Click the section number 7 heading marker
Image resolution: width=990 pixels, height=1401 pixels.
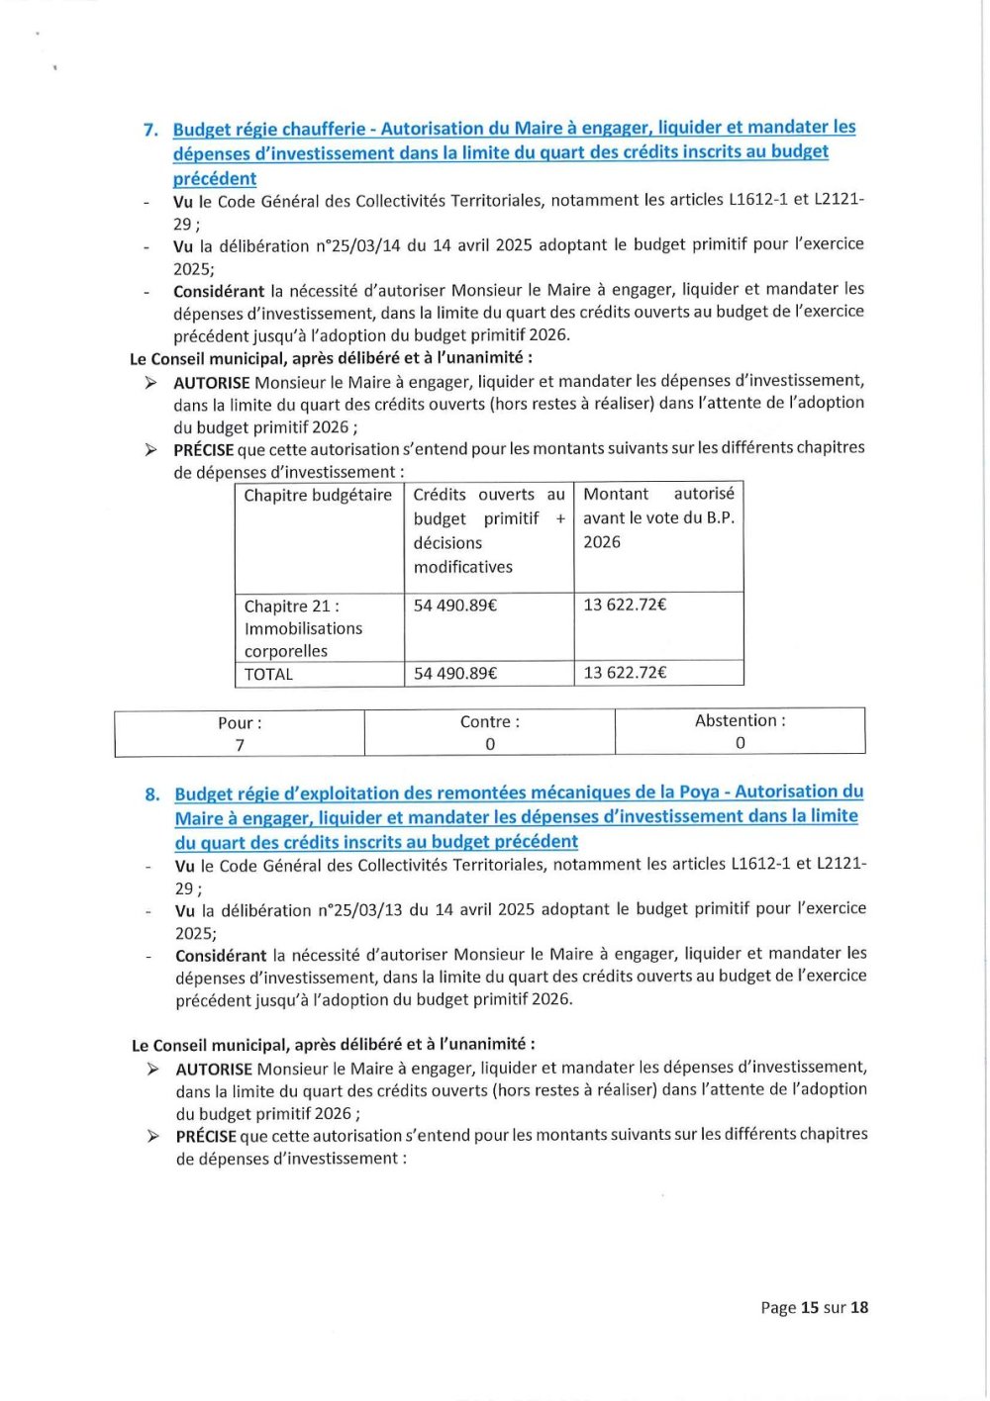[150, 130]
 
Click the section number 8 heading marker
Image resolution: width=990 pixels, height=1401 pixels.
[152, 794]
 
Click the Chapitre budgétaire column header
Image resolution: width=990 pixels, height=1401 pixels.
[318, 496]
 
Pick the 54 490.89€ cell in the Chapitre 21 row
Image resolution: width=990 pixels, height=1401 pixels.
[454, 606]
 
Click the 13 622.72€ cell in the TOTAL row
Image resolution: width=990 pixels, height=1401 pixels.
[625, 673]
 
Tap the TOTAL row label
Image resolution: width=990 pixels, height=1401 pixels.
[268, 675]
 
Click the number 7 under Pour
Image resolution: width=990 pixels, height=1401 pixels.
[240, 745]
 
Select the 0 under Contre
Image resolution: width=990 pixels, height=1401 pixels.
[490, 744]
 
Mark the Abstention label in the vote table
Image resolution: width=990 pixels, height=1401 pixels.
[740, 721]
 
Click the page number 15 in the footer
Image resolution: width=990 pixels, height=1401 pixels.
[809, 1308]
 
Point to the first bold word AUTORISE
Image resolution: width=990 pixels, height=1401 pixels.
[212, 382]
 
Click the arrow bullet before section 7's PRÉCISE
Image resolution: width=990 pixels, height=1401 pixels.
[150, 450]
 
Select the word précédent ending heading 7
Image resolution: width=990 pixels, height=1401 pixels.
[215, 179]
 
